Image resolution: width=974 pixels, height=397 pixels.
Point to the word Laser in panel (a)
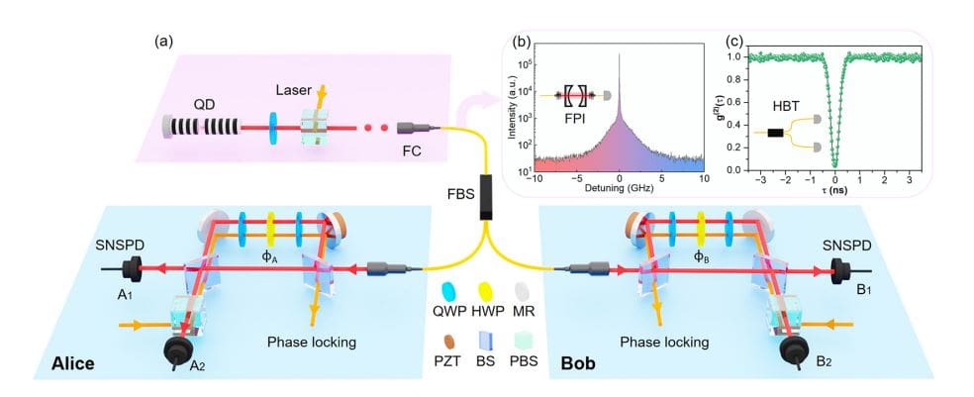(295, 88)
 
